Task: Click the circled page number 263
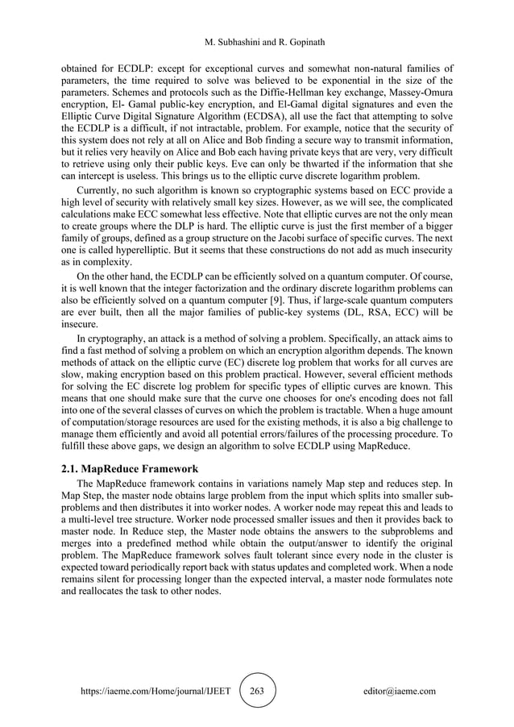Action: (x=258, y=691)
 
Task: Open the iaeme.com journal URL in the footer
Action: (x=150, y=692)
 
